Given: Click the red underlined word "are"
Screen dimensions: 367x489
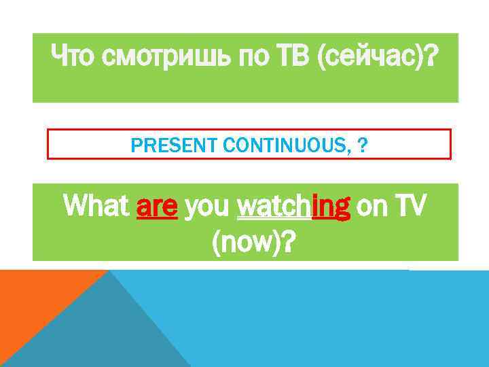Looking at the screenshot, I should (157, 206).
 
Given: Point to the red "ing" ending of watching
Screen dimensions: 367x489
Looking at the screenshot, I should (331, 206).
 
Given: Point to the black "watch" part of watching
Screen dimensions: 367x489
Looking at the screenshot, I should (272, 205).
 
